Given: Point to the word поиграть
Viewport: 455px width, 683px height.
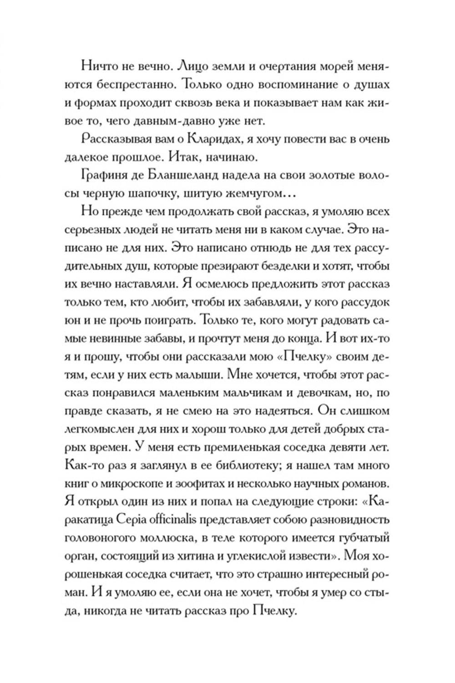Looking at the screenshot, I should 164,321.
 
